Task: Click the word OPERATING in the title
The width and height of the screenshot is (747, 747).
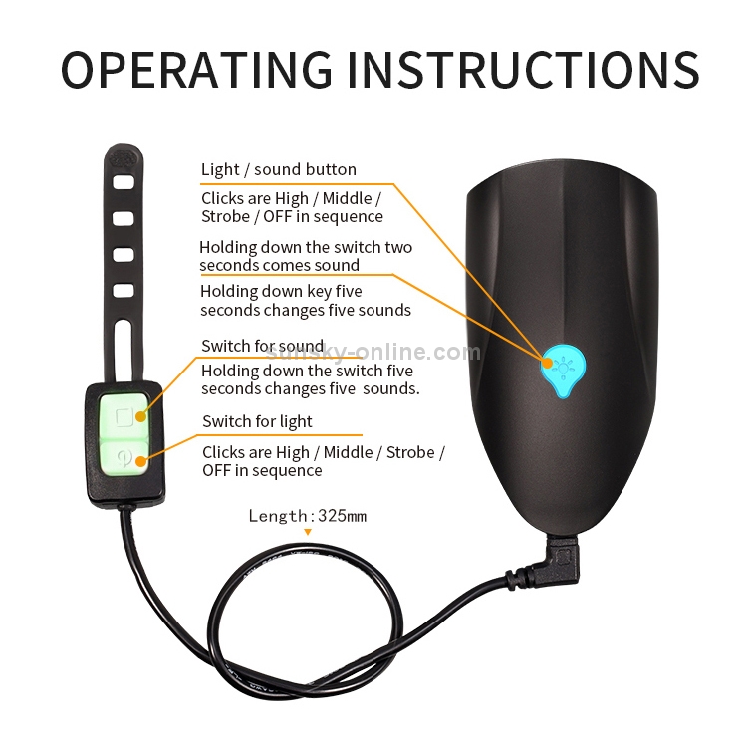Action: pos(196,70)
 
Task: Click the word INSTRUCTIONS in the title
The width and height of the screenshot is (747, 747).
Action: pos(523,70)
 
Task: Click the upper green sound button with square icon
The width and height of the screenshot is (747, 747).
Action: pos(124,414)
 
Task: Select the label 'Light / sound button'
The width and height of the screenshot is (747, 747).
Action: pos(278,169)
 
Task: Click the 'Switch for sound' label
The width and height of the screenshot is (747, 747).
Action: pos(263,346)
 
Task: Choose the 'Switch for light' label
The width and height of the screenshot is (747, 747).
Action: pos(257,421)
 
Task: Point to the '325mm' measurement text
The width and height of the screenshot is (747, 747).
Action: pos(342,516)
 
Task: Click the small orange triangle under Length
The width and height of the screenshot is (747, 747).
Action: pos(308,532)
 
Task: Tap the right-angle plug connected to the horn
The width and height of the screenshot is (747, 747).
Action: pos(561,560)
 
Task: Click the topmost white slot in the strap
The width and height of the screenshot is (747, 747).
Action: pos(124,182)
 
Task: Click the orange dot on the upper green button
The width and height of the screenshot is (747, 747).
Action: pos(141,417)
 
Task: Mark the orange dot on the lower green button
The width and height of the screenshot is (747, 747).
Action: pos(141,461)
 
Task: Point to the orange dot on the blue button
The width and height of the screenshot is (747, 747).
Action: pos(548,363)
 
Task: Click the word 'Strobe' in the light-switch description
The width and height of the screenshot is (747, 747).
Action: pos(410,452)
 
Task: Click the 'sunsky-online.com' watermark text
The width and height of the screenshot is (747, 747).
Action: pos(373,352)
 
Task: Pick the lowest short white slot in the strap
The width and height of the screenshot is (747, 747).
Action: pos(124,290)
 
